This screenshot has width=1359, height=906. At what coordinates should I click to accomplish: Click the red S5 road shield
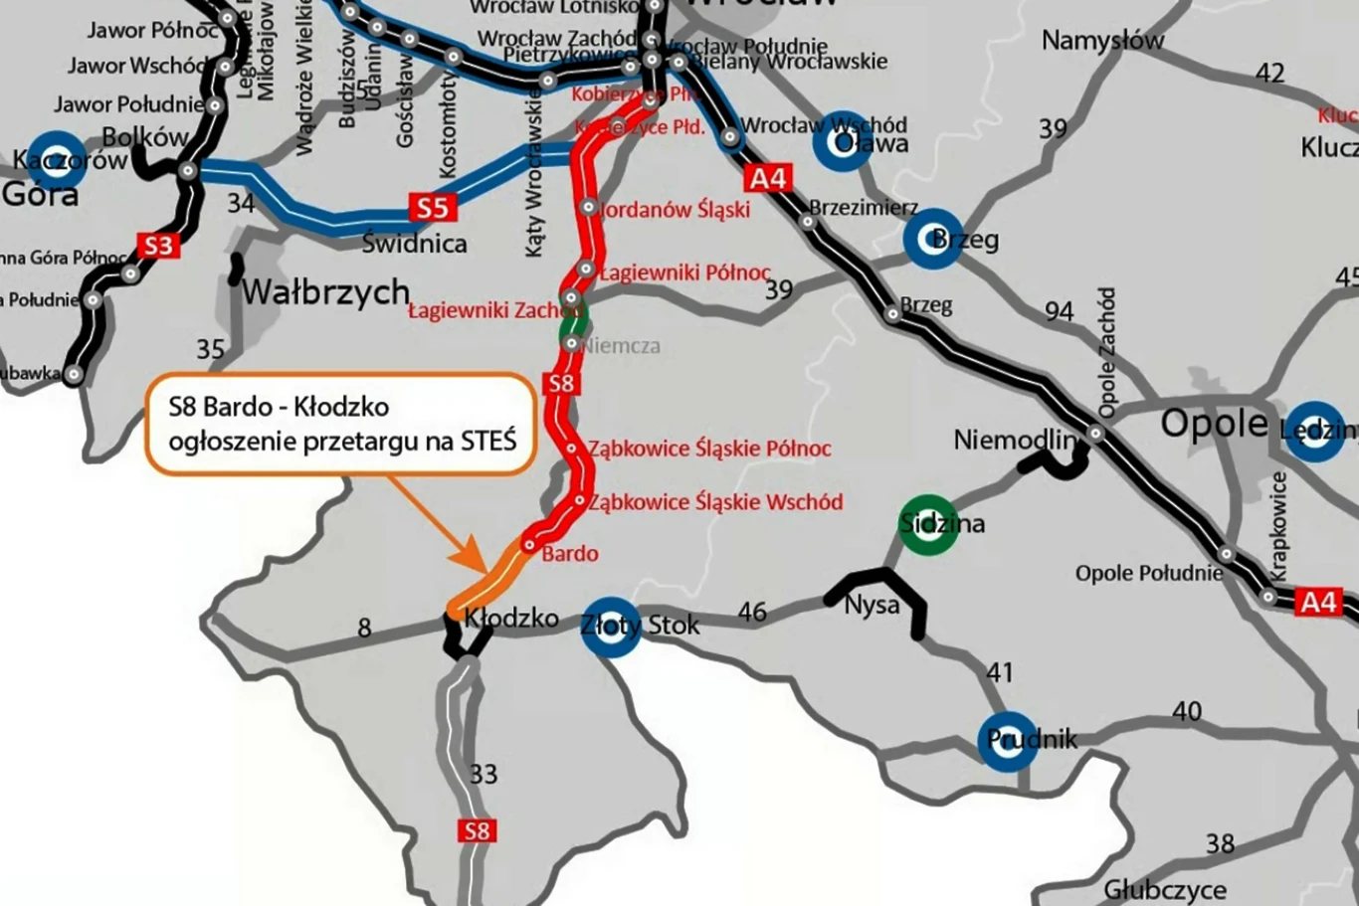pyautogui.click(x=432, y=208)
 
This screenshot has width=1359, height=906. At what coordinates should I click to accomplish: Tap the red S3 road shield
pyautogui.click(x=158, y=246)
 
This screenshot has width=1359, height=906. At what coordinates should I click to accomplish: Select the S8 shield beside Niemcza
pyautogui.click(x=561, y=383)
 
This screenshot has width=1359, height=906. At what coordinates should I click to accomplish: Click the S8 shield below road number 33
pyautogui.click(x=477, y=831)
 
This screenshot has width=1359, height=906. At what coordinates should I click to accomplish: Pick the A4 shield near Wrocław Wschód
pyautogui.click(x=767, y=178)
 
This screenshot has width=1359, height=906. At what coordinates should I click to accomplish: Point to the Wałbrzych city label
pyautogui.click(x=325, y=292)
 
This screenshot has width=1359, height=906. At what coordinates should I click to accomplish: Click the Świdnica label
pyautogui.click(x=414, y=243)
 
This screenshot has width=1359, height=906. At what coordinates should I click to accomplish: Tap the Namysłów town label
pyautogui.click(x=1102, y=42)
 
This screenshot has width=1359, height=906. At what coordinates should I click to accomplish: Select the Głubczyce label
pyautogui.click(x=1164, y=888)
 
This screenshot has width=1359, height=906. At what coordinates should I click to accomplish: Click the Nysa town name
pyautogui.click(x=872, y=605)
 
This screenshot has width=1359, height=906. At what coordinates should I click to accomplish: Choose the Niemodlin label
pyautogui.click(x=1015, y=440)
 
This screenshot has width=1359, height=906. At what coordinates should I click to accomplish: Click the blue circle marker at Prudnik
pyautogui.click(x=1008, y=741)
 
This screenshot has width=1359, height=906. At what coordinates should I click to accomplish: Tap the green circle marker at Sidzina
pyautogui.click(x=927, y=524)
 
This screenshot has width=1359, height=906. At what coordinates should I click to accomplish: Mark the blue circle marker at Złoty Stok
pyautogui.click(x=610, y=627)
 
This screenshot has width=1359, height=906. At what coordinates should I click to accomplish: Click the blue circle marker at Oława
pyautogui.click(x=842, y=141)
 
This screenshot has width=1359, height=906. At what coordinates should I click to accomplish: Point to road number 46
pyautogui.click(x=752, y=612)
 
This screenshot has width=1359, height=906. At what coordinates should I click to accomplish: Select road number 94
pyautogui.click(x=1059, y=311)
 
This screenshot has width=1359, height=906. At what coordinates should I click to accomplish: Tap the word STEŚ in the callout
pyautogui.click(x=488, y=440)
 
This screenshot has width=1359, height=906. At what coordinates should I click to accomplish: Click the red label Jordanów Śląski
pyautogui.click(x=676, y=210)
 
